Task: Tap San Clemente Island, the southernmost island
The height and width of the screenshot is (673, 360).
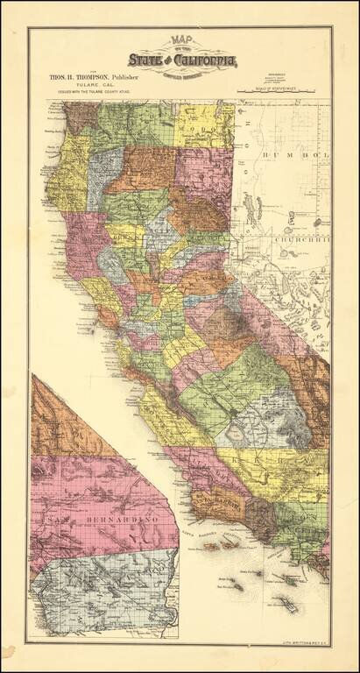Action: (x=290, y=604)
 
